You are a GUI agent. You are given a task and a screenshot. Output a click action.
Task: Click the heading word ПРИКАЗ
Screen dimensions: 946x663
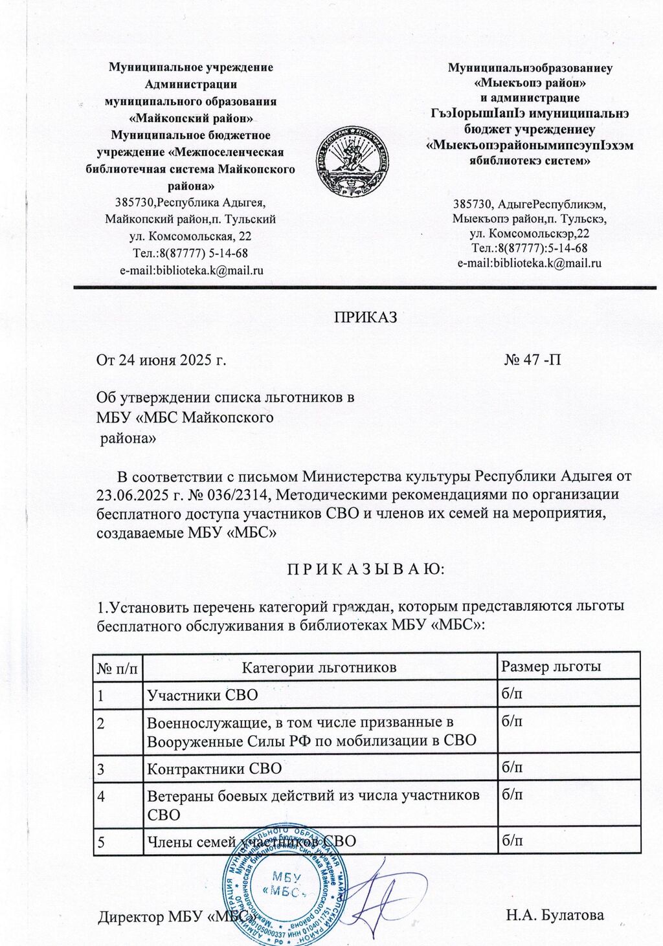coord(365,318)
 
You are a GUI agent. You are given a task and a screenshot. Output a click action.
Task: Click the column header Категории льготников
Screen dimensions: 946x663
coord(319,667)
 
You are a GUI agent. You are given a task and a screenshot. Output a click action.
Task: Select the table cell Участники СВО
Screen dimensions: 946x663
coord(203,695)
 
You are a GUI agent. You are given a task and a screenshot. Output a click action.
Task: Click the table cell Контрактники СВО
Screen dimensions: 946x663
coord(215,769)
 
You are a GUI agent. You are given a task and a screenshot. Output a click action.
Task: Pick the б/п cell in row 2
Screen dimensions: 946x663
coord(513,721)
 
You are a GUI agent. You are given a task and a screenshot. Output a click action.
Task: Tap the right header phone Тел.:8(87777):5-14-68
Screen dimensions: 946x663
coord(530,248)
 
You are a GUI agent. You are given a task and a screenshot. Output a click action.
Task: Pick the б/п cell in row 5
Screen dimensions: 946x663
coord(513,841)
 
